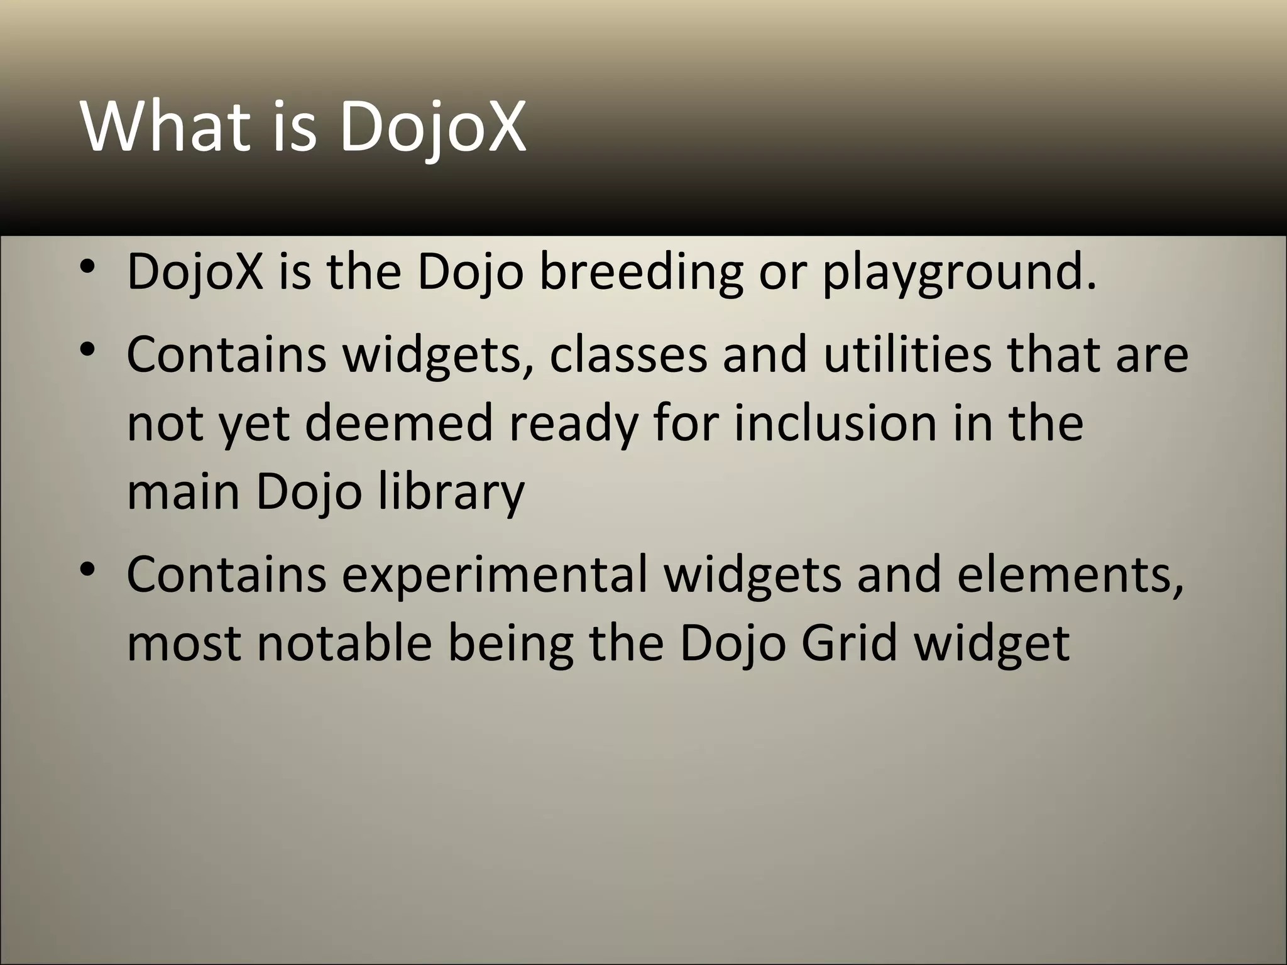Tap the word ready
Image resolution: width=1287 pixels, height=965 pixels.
tap(572, 422)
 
